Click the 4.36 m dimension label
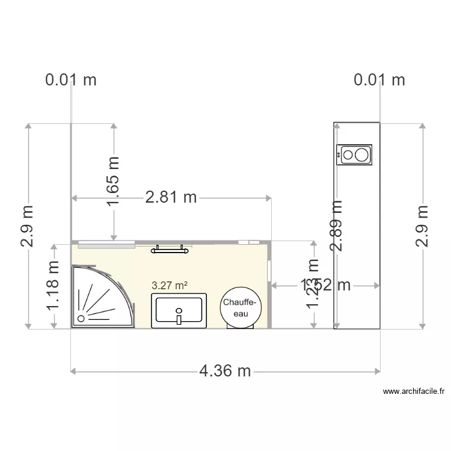[225, 371]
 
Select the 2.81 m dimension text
[171, 197]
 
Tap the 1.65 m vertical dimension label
[113, 181]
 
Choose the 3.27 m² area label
[168, 285]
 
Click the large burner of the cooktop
[361, 155]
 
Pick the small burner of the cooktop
[348, 155]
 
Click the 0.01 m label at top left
[71, 79]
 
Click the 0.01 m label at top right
[379, 79]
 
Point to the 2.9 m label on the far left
[28, 226]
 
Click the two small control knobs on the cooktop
[340, 155]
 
